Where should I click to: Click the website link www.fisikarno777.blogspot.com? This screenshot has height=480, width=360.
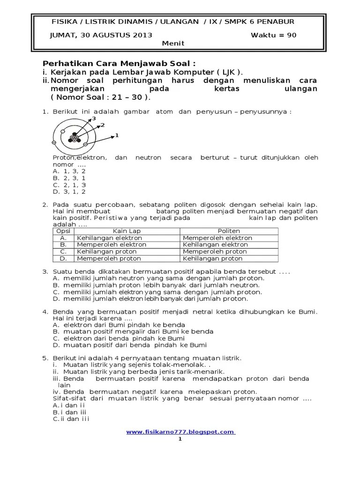tap(180, 432)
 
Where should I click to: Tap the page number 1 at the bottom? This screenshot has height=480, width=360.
tap(180, 440)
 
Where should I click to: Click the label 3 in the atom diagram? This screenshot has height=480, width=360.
tap(94, 119)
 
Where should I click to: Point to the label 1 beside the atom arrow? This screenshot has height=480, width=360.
tap(117, 135)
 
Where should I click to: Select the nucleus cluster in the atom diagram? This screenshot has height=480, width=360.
tap(73, 138)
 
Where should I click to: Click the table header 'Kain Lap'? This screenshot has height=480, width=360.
tap(127, 231)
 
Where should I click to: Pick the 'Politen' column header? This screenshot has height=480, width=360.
tap(229, 231)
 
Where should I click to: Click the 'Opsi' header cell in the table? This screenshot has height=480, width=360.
tap(63, 231)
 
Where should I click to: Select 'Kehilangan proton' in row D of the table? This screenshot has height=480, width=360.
tap(212, 258)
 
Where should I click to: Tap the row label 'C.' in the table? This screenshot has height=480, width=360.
tap(63, 252)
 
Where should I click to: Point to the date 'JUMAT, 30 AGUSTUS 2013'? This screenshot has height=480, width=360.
tap(101, 35)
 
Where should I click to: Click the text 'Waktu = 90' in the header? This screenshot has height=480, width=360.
tap(274, 35)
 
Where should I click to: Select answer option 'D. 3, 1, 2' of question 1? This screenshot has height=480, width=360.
tap(69, 191)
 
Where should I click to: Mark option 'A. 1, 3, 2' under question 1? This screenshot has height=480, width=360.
tap(69, 171)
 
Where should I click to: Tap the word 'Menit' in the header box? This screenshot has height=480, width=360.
tap(173, 43)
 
